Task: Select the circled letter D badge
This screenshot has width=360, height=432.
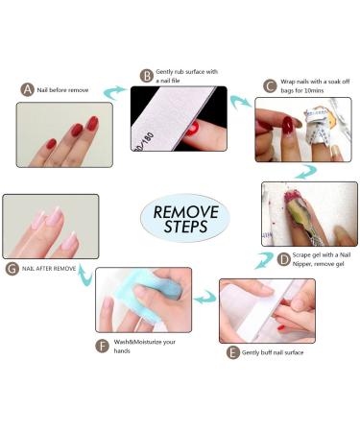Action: (x=284, y=259)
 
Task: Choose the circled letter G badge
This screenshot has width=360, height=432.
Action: (x=12, y=269)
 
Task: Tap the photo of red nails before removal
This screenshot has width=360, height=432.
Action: (x=63, y=134)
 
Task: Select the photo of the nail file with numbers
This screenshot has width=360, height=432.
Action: (x=179, y=118)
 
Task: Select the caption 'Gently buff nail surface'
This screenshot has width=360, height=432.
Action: (x=285, y=353)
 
